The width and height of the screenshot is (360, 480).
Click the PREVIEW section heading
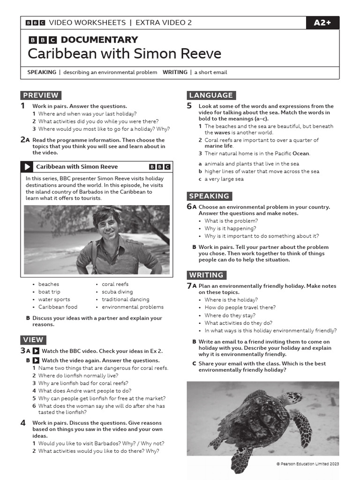tap(40, 95)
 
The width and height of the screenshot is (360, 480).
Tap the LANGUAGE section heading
tap(211, 95)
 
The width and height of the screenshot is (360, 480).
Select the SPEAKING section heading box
tap(209, 196)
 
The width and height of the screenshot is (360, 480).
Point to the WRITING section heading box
tap(206, 275)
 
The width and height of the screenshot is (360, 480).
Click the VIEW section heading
tap(33, 340)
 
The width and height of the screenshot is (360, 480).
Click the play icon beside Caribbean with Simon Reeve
tap(27, 167)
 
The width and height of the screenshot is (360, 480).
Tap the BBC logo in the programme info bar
tap(159, 167)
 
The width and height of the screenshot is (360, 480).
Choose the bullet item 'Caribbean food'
tap(58, 307)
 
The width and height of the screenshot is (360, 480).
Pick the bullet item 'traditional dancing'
tap(125, 300)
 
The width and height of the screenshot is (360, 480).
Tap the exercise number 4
tap(23, 423)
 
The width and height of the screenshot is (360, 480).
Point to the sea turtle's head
tap(294, 399)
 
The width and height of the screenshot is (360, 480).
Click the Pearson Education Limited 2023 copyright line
tap(307, 464)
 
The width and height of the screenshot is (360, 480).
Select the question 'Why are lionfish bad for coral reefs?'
tap(84, 383)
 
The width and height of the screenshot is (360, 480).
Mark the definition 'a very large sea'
tap(224, 179)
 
